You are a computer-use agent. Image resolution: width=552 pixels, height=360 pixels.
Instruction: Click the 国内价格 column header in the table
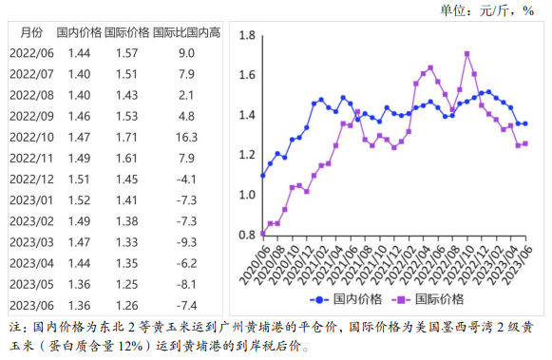tap(79, 32)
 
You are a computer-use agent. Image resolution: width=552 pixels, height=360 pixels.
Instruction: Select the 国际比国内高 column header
tap(186, 32)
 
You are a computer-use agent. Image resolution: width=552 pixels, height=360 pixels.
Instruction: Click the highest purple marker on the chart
tap(467, 53)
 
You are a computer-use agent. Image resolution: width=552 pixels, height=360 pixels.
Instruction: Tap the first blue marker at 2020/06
tap(263, 176)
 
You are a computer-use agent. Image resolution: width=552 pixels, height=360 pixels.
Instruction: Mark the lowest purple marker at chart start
tap(263, 233)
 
